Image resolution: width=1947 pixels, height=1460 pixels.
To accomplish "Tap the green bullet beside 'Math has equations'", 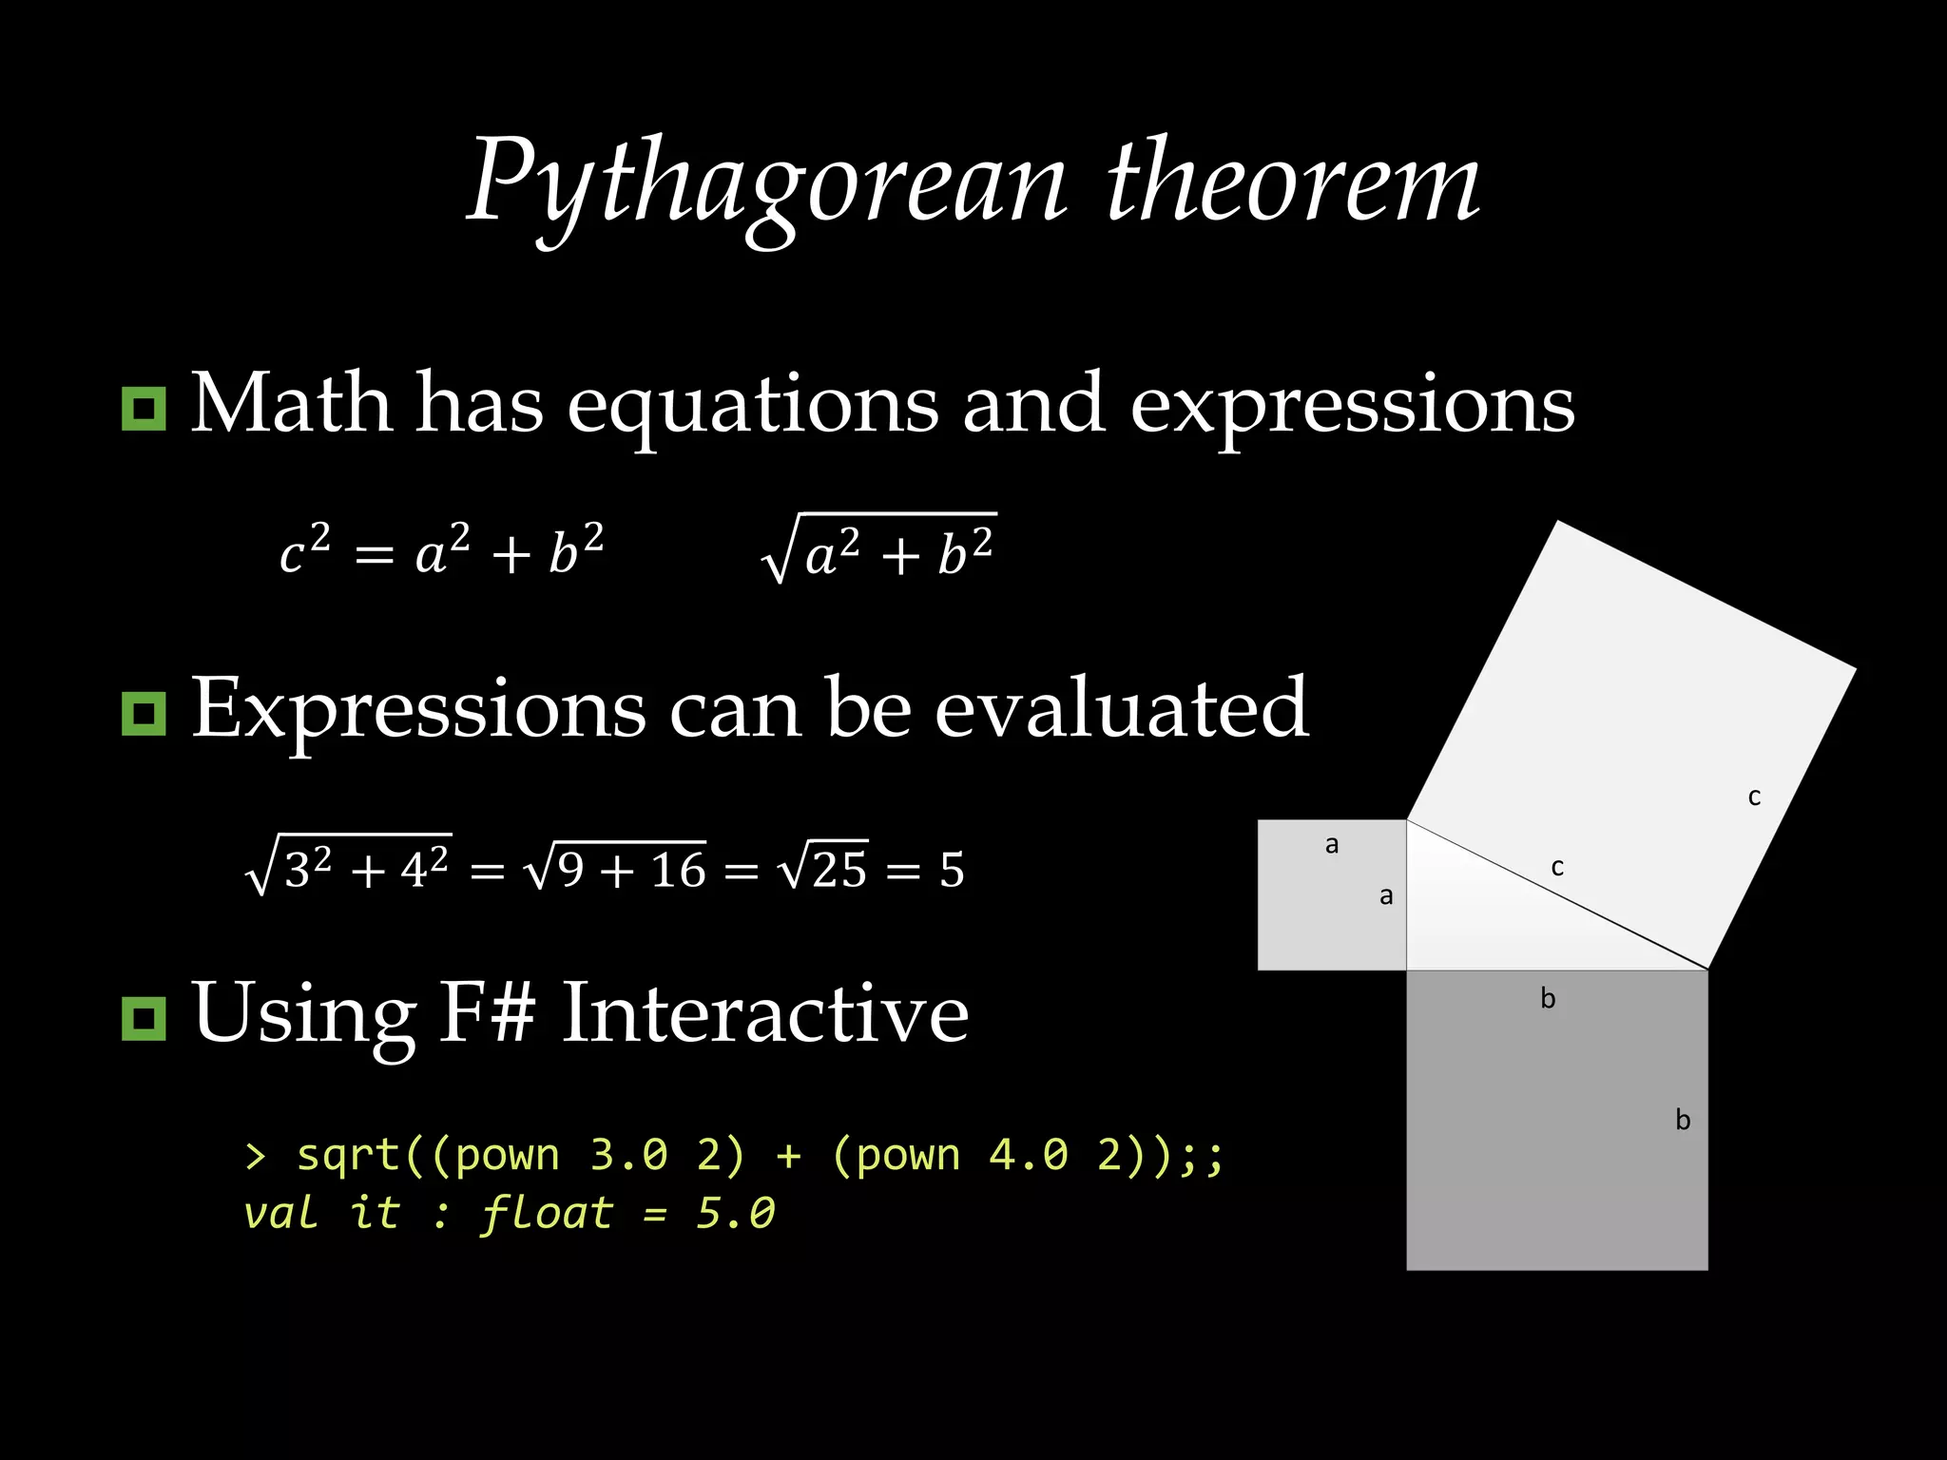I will click(x=144, y=409).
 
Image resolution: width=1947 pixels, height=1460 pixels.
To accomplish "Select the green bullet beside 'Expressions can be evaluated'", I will click(x=144, y=714).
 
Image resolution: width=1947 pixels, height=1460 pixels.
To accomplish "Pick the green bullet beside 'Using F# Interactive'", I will click(x=144, y=1018).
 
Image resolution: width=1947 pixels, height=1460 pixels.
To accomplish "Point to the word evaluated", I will click(x=1122, y=708).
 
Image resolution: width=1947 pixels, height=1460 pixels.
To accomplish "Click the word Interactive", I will click(x=765, y=1013).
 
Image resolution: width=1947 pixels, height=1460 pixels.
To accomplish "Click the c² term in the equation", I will click(x=304, y=550).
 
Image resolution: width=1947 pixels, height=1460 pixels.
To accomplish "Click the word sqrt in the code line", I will click(x=348, y=1155).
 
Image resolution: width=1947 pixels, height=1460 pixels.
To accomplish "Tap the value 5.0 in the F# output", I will click(x=736, y=1213).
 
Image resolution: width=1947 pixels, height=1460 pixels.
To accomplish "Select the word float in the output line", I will click(x=547, y=1213).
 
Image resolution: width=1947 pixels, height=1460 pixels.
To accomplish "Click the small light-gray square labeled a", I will click(x=1331, y=894).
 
